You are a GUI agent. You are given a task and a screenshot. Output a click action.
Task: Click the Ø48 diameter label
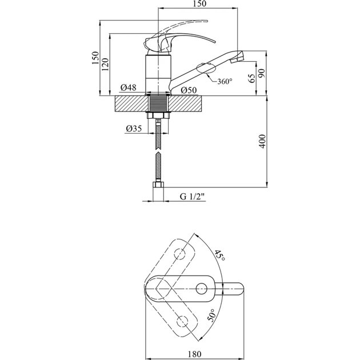coord(129,87)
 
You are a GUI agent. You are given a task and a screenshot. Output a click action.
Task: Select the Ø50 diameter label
coord(189,90)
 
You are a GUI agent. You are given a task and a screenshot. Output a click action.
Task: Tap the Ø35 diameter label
coord(134,129)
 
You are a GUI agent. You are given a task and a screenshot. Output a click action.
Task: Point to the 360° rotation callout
coord(225,81)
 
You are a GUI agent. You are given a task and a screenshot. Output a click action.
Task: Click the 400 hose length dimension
coord(263,141)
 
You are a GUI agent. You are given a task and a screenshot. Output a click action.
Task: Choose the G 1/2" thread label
coord(192,197)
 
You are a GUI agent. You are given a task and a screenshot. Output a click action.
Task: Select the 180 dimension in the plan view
coord(194,354)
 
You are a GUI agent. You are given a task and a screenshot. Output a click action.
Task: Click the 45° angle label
coord(220,255)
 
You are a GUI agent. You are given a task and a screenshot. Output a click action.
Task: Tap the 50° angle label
coord(211,315)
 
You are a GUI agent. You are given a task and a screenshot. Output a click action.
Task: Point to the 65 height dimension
coord(252,78)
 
